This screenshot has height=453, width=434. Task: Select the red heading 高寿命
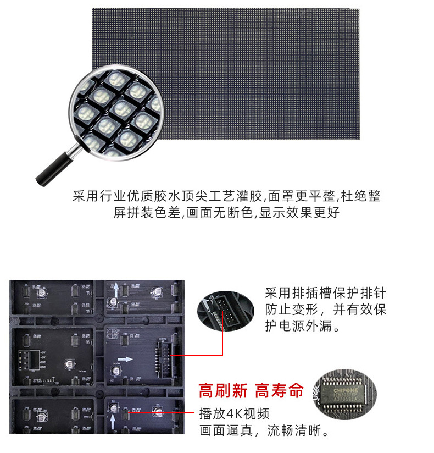(279, 391)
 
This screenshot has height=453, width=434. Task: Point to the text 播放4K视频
(234, 413)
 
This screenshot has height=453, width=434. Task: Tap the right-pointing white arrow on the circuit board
(126, 358)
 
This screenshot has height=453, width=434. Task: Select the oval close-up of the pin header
(226, 310)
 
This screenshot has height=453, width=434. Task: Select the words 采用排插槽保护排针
(325, 293)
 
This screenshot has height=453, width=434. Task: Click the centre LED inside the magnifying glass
(122, 108)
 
